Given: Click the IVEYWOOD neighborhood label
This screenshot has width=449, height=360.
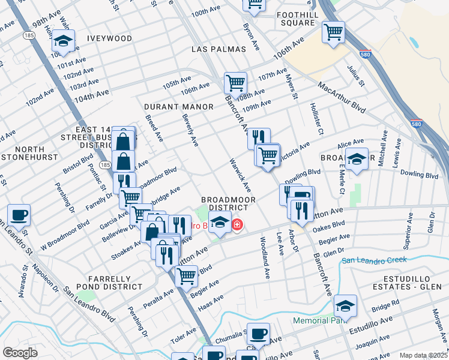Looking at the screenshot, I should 109,38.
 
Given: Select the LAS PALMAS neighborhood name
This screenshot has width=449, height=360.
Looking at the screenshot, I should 219,49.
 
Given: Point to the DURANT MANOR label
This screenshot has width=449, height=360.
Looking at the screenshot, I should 179,107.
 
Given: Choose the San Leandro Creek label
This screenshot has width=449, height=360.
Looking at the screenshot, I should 374,260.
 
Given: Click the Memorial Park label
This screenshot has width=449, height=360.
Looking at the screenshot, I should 317,320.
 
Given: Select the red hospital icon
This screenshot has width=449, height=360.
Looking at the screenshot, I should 238,225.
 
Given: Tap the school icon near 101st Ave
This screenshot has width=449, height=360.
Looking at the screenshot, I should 62,41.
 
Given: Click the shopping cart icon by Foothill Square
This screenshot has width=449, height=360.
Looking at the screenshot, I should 333,31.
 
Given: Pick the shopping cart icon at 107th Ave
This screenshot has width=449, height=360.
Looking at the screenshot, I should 235,82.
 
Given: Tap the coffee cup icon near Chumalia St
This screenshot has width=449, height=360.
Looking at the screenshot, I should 258,333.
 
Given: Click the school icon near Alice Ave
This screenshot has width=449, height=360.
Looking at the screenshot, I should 357,159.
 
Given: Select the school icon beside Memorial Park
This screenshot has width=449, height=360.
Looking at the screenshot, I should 345,306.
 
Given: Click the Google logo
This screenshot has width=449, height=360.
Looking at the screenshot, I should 20,353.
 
